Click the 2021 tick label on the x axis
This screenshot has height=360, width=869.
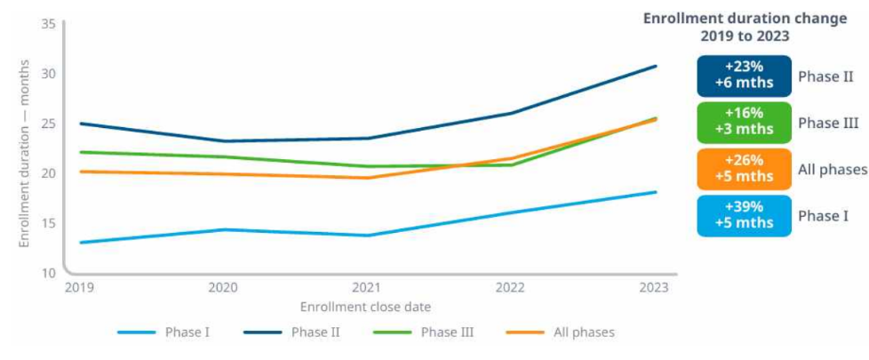coord(366,288)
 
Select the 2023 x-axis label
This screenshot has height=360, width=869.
coord(655,288)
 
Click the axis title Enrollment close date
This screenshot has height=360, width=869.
coord(365,307)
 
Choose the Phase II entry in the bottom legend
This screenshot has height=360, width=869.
coord(291,332)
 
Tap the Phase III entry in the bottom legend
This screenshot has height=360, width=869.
coord(424,332)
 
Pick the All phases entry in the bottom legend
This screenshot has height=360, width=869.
coord(561,332)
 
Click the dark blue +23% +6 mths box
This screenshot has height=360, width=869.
coord(744,76)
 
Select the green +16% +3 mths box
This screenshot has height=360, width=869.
coord(744,123)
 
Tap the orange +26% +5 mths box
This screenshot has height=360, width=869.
coord(744,169)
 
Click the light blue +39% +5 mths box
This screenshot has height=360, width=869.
coord(744,216)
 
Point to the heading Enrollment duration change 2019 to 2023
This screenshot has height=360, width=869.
coord(745,28)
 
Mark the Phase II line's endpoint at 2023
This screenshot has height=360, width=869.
coord(656,66)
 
